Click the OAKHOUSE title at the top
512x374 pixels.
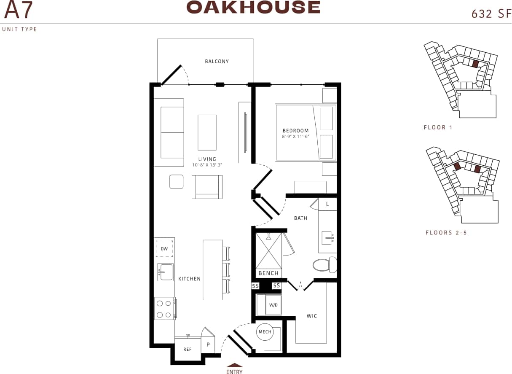pyautogui.click(x=253, y=7)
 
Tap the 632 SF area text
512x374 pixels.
pyautogui.click(x=488, y=14)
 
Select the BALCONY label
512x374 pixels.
pyautogui.click(x=217, y=62)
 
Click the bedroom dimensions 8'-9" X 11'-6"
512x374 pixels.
pyautogui.click(x=296, y=137)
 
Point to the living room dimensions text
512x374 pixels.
pyautogui.click(x=207, y=165)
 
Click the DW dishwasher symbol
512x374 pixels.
pyautogui.click(x=164, y=249)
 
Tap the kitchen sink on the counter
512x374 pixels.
pyautogui.click(x=165, y=272)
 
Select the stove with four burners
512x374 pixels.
pyautogui.click(x=165, y=308)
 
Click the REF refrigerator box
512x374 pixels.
pyautogui.click(x=188, y=349)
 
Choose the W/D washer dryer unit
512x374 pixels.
pyautogui.click(x=273, y=305)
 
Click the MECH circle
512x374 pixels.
pyautogui.click(x=265, y=332)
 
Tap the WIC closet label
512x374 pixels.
pyautogui.click(x=312, y=316)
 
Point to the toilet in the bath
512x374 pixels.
pyautogui.click(x=324, y=265)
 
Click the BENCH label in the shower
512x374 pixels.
pyautogui.click(x=268, y=273)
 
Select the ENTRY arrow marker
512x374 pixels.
pyautogui.click(x=234, y=366)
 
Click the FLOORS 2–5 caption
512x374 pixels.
pyautogui.click(x=446, y=232)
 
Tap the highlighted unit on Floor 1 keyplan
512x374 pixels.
pyautogui.click(x=475, y=64)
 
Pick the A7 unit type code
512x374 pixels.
pyautogui.click(x=18, y=11)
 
